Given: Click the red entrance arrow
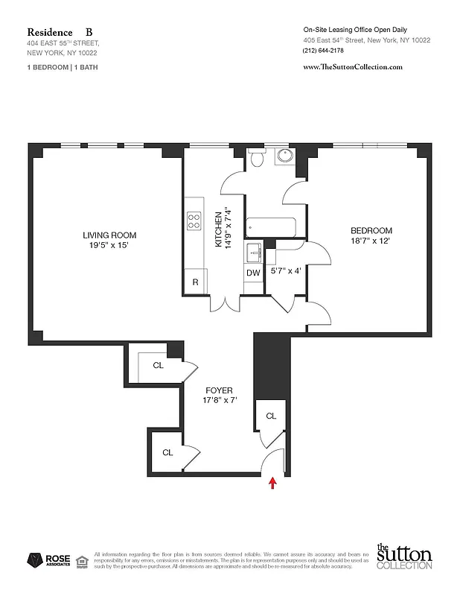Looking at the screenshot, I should pyautogui.click(x=273, y=484).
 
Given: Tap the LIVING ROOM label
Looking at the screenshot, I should pyautogui.click(x=109, y=235).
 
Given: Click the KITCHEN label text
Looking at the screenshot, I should pyautogui.click(x=220, y=227).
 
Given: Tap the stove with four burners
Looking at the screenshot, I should pyautogui.click(x=195, y=221).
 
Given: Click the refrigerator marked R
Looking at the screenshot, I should pyautogui.click(x=195, y=282).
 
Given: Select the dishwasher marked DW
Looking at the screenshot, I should pyautogui.click(x=253, y=273).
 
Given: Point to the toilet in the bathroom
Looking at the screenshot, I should pyautogui.click(x=257, y=158).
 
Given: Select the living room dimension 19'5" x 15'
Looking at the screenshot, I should pyautogui.click(x=109, y=246).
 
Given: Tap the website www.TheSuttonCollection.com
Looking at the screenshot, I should pyautogui.click(x=354, y=67).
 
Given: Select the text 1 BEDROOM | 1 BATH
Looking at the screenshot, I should pyautogui.click(x=63, y=67).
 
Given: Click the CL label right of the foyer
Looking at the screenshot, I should pyautogui.click(x=271, y=416).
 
